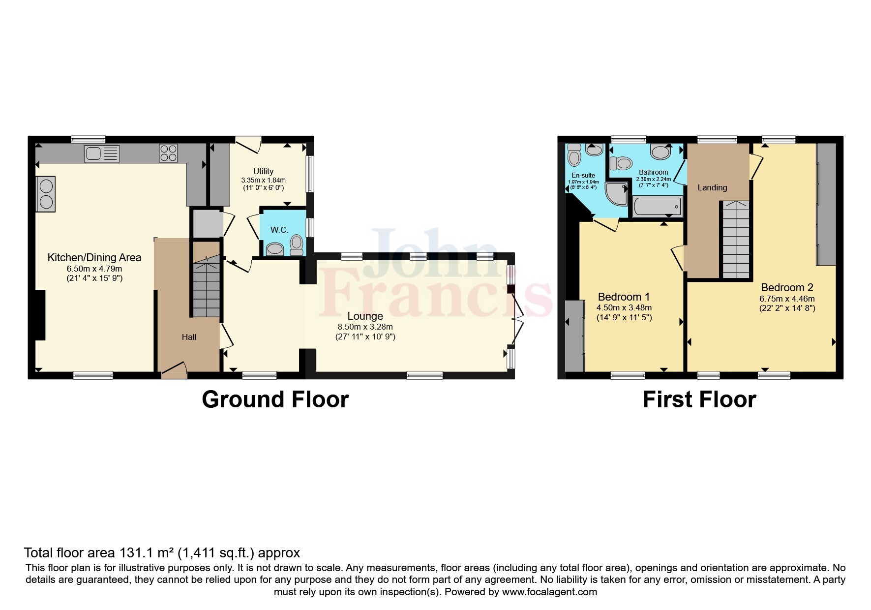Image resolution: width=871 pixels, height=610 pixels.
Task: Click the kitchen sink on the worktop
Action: point(102,153)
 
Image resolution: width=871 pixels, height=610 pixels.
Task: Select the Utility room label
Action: point(263,171)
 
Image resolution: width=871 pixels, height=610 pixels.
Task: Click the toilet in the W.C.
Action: point(297,244)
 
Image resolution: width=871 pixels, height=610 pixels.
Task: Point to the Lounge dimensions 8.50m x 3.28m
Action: point(365,327)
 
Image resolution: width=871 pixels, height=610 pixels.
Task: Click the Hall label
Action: point(189,337)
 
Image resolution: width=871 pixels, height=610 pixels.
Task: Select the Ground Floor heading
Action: point(275,399)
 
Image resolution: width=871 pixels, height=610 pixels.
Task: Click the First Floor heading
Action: point(699,399)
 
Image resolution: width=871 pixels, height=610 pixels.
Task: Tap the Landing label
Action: point(712,187)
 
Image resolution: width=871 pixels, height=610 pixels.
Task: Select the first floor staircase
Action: point(735,240)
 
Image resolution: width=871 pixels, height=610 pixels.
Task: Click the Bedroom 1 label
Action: point(624,297)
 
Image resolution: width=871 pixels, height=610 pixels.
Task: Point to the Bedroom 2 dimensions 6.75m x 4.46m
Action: point(787,299)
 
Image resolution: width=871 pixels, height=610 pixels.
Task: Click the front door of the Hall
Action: point(174,369)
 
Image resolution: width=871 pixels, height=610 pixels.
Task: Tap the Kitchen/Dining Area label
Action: point(94,257)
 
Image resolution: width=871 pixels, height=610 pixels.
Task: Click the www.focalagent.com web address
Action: point(549,592)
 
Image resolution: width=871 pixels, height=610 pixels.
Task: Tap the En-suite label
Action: point(583,175)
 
